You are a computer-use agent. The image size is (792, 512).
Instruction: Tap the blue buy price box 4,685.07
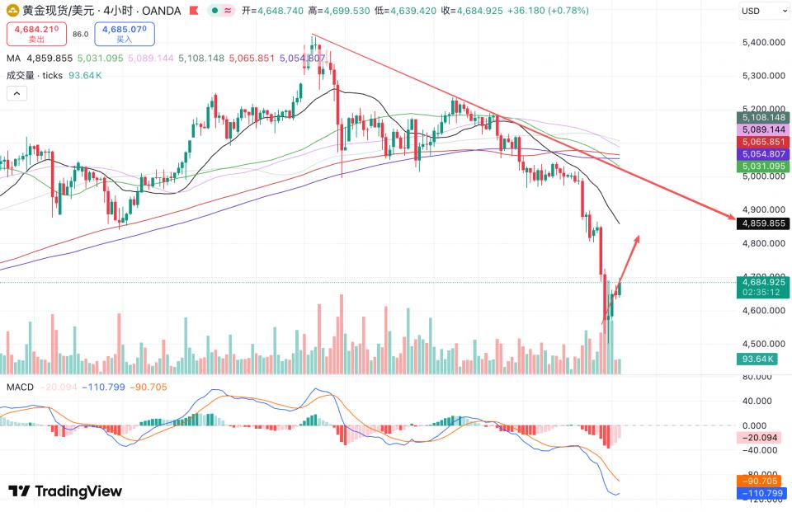124,34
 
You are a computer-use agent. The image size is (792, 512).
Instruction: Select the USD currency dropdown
762,11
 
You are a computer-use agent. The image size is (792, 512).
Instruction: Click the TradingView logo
65,491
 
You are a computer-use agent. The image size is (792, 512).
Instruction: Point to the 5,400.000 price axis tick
761,42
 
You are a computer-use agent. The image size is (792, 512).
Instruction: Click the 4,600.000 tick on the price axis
761,311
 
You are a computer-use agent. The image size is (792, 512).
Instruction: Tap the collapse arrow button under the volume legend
16,93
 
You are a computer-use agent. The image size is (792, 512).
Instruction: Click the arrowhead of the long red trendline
732,218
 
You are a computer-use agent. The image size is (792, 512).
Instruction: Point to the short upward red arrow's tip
638,237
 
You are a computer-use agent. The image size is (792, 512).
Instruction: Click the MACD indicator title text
20,388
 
